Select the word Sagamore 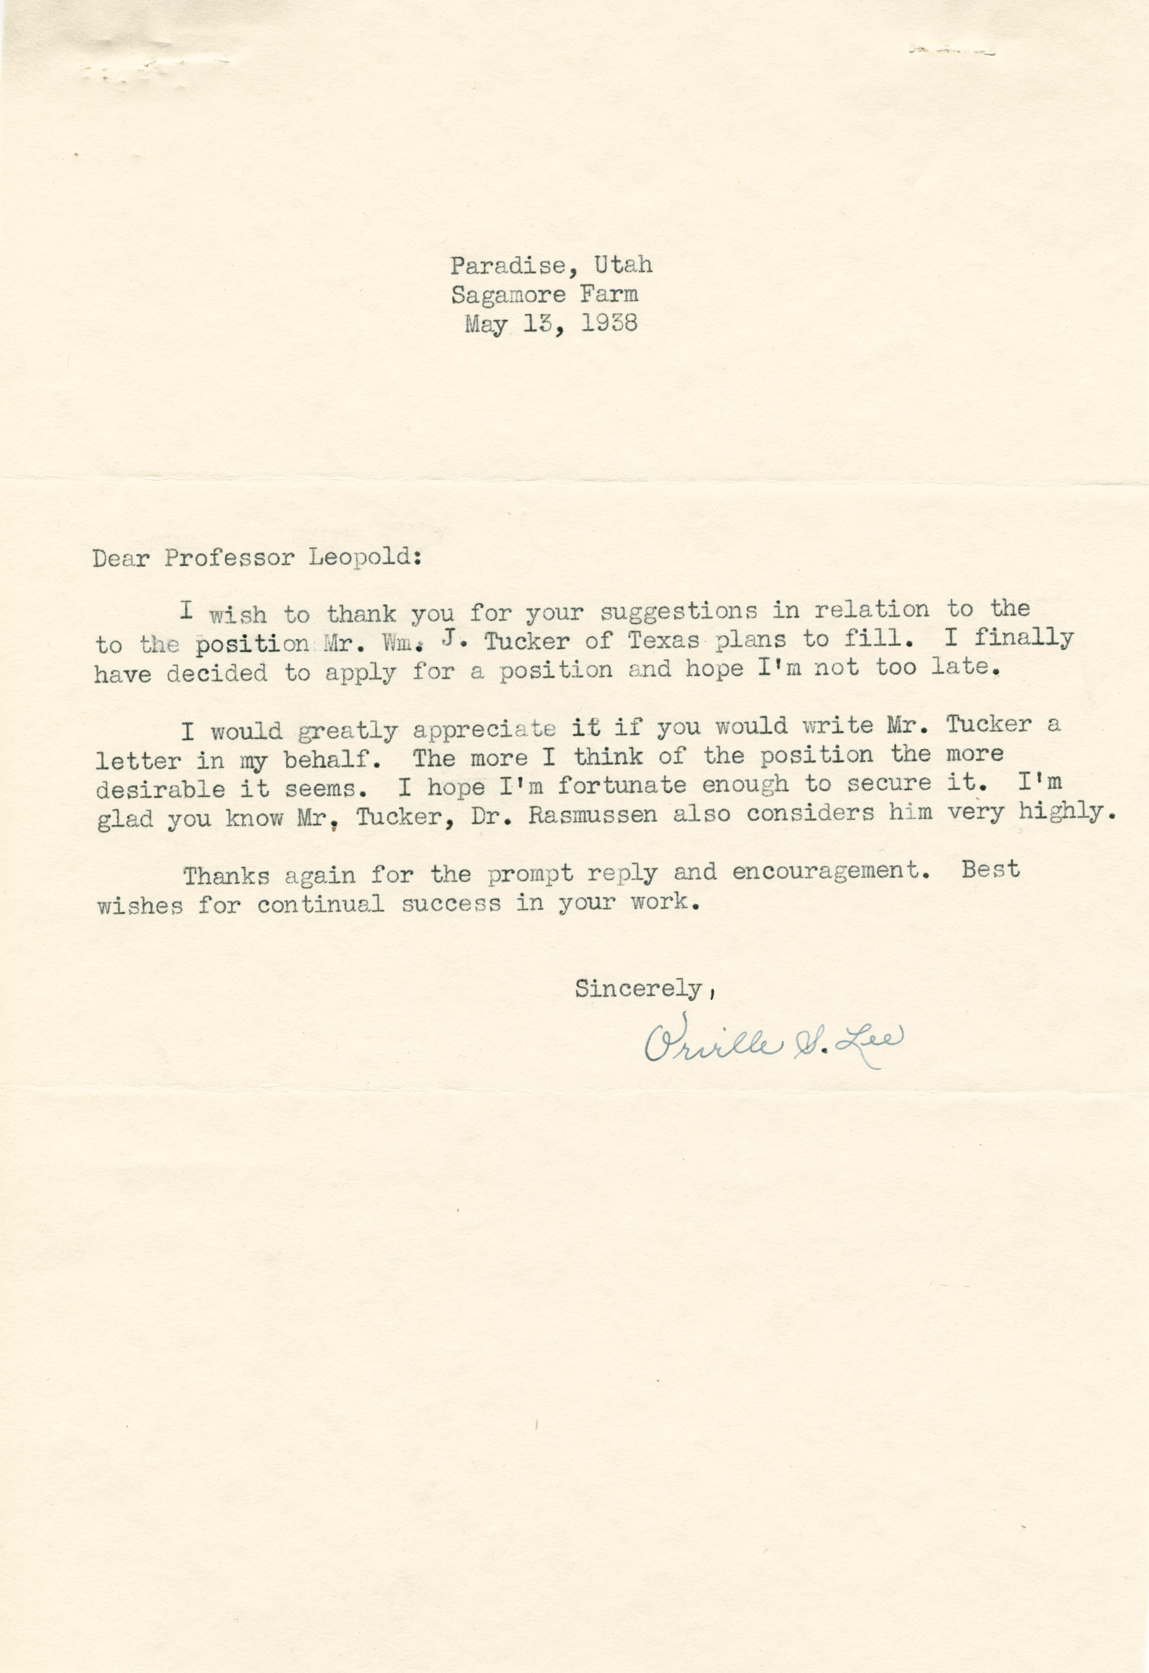(x=508, y=294)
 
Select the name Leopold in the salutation (x=364, y=559)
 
